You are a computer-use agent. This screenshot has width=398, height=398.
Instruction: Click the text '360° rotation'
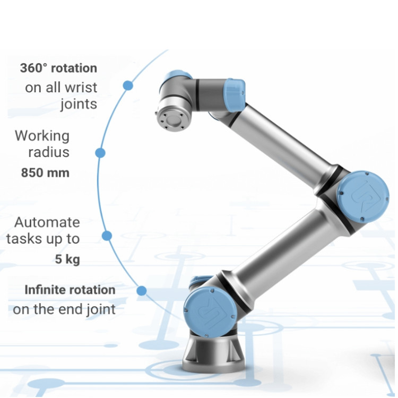[58, 68]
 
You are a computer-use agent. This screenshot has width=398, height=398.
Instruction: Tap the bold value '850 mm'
[45, 172]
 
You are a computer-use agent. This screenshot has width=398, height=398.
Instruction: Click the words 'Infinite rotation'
[70, 290]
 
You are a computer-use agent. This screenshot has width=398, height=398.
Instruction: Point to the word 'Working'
[42, 135]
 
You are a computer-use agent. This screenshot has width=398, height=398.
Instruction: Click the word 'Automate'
[47, 222]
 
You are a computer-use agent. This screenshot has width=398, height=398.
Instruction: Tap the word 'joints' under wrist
[79, 103]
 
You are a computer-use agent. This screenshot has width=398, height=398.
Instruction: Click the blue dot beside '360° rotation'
[127, 85]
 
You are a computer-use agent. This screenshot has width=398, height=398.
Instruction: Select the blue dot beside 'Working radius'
[100, 153]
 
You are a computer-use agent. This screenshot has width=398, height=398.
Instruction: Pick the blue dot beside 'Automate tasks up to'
[107, 236]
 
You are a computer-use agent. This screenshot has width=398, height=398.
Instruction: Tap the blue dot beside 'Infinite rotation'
[141, 291]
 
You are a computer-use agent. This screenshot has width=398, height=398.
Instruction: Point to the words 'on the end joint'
[64, 309]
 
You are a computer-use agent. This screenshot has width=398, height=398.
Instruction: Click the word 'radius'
[49, 152]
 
